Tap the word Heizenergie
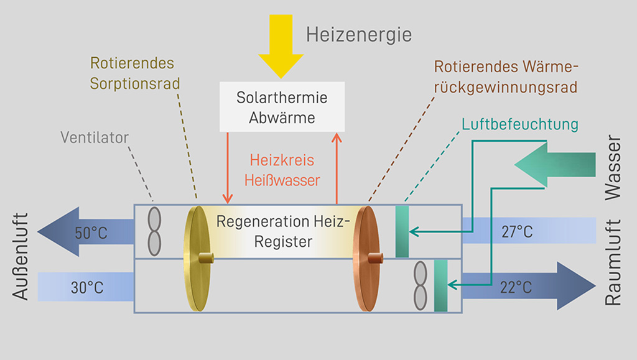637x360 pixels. [358, 34]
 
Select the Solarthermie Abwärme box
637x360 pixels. [282, 108]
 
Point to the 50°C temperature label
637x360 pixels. [91, 233]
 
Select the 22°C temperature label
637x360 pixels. [516, 288]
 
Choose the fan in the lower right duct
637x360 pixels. [421, 285]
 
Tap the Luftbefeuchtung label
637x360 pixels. [520, 124]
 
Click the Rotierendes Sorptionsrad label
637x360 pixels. [132, 73]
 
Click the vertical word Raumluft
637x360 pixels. [614, 262]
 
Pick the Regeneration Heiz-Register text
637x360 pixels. [283, 231]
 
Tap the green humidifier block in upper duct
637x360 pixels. [402, 231]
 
